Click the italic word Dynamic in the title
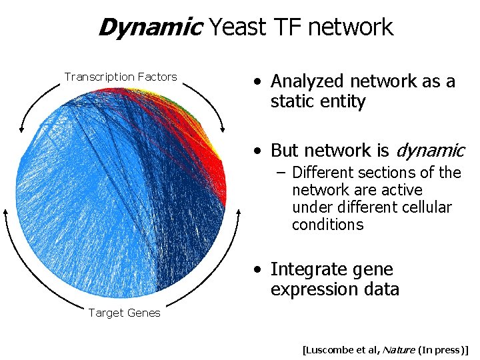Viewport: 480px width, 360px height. pos(150,27)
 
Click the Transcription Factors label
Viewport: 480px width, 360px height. pos(121,77)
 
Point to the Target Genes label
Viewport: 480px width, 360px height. pos(124,313)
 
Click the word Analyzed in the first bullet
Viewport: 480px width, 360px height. pos(305,81)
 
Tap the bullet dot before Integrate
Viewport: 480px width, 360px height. pos(257,270)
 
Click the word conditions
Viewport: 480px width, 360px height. pos(327,225)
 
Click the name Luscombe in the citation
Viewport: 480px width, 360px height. pos(329,349)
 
